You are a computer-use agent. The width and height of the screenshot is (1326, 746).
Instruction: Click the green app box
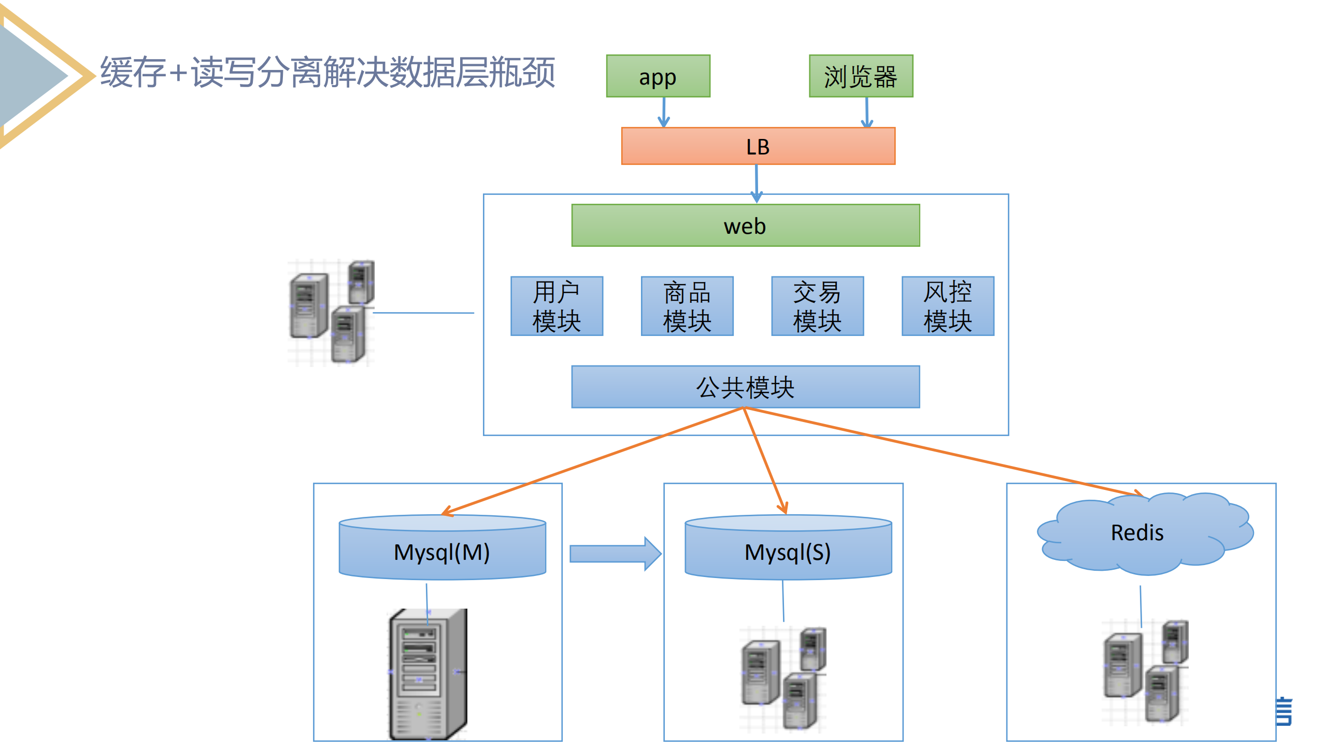tap(658, 76)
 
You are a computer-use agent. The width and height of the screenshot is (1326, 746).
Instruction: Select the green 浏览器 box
tap(860, 76)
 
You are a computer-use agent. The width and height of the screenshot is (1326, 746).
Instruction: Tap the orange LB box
tap(758, 146)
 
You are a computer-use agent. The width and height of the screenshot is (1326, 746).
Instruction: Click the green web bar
tap(745, 226)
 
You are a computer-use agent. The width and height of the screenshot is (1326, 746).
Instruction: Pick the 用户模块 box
tap(557, 306)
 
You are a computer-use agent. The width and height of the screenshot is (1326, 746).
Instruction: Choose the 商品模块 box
tap(687, 306)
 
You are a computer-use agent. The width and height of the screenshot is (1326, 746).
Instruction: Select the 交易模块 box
tap(817, 306)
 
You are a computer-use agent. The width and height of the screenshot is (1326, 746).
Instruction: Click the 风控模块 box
tap(947, 306)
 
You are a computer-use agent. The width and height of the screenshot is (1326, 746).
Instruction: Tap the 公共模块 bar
tap(745, 387)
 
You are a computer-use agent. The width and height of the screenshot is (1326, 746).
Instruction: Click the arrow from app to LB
tap(664, 112)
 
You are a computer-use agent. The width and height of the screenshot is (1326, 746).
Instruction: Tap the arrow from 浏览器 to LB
tap(866, 112)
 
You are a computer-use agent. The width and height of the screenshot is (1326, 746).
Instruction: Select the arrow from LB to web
tap(757, 182)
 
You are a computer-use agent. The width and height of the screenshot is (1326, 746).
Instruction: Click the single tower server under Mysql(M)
tap(429, 674)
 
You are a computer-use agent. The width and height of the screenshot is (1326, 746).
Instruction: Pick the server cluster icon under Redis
tap(1145, 672)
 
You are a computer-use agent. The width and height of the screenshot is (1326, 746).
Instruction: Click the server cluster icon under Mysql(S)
tap(783, 679)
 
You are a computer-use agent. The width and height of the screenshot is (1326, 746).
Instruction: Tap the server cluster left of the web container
tap(331, 313)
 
